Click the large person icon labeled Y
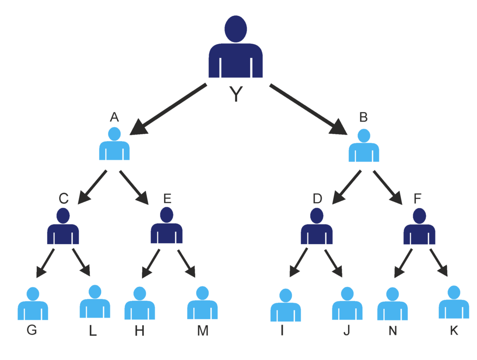point(236,49)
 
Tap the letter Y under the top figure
point(236,95)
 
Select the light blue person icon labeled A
point(114,145)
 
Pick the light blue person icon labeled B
point(364,147)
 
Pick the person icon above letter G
point(33,305)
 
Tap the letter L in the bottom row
point(93,331)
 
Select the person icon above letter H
point(140,305)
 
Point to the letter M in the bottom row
point(203,331)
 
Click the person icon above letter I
point(286,306)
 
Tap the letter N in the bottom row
point(393,331)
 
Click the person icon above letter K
point(454,304)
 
